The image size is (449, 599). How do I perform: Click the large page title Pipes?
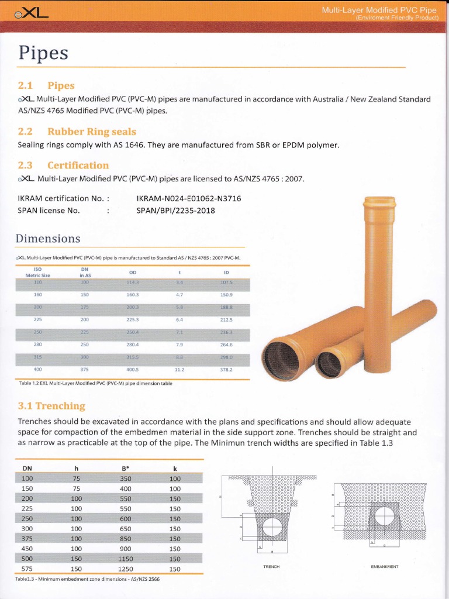[x=44, y=54]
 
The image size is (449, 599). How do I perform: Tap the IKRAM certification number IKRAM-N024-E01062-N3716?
[x=188, y=199]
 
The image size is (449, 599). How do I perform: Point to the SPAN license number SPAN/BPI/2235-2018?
[x=175, y=211]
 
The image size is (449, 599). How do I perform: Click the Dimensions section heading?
[x=48, y=239]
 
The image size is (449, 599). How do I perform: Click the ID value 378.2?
[x=226, y=370]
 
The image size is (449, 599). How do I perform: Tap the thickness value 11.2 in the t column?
[x=179, y=370]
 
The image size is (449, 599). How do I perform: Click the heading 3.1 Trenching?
[x=51, y=406]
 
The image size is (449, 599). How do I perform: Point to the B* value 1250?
[x=125, y=569]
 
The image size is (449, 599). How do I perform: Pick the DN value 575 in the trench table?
[x=27, y=569]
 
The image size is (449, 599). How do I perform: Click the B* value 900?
[x=125, y=549]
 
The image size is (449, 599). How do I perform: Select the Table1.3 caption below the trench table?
[x=88, y=579]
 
